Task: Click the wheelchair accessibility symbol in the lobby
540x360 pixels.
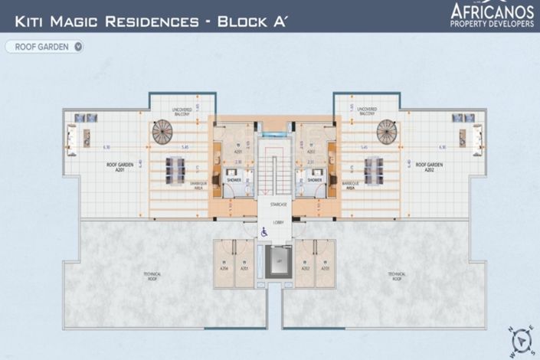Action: click(265, 231)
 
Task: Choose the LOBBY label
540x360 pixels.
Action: click(278, 218)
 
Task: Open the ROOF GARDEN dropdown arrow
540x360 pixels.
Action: click(78, 47)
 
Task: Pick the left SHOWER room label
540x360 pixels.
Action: click(234, 181)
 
